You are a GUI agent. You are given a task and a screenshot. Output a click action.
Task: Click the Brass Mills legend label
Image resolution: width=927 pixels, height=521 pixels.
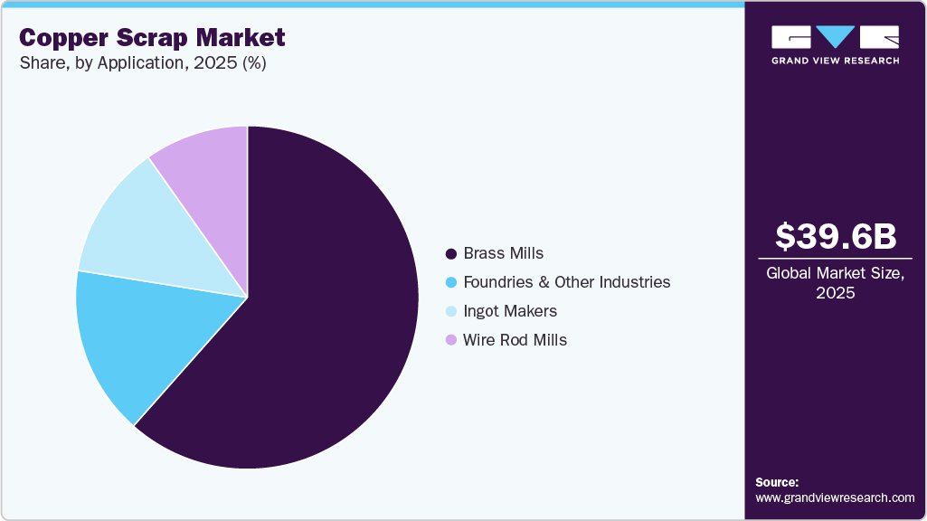[x=503, y=253]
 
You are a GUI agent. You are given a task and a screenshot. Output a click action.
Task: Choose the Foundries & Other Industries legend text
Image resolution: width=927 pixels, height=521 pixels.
[x=566, y=282]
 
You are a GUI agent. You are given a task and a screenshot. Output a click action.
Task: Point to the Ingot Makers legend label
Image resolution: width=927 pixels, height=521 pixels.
[x=509, y=311]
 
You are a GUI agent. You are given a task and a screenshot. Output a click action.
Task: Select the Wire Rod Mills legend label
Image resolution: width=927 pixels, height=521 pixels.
[x=515, y=340]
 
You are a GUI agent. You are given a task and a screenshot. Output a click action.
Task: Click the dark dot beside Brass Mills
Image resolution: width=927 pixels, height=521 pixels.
[x=450, y=253]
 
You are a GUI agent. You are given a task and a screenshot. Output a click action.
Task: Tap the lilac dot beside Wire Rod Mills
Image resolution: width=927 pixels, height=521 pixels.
[x=450, y=340]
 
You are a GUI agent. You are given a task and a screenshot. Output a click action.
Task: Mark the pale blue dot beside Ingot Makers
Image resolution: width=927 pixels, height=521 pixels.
[x=450, y=311]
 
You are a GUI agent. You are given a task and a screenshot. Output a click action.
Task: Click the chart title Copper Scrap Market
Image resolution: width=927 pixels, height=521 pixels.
[x=152, y=38]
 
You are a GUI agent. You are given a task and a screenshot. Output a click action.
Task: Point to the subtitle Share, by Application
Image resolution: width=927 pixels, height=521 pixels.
[x=142, y=64]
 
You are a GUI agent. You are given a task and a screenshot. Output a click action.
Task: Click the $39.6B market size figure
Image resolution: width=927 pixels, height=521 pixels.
[x=836, y=236]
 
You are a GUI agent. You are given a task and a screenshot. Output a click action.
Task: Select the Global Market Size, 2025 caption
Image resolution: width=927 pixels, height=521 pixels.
[x=836, y=282]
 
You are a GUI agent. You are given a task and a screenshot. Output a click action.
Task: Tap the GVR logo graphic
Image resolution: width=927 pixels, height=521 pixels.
[x=836, y=37]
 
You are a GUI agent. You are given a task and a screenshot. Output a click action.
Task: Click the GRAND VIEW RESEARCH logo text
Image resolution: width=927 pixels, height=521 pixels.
[x=836, y=61]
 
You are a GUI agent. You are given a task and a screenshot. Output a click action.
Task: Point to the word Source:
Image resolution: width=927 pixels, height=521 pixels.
[x=777, y=482]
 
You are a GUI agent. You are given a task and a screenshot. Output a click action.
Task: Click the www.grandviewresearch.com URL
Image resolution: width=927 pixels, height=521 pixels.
[x=835, y=497]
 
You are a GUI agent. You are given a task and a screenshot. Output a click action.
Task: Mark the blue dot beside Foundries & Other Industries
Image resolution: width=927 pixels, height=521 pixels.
[x=450, y=282]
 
